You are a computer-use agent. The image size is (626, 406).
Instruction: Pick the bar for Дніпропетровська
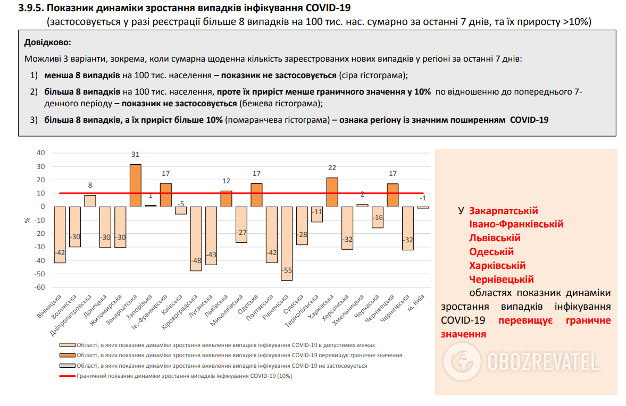pos(90,201)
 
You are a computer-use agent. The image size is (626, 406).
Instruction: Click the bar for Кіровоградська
pos(196,239)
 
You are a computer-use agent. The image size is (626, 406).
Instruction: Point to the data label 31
pos(136,155)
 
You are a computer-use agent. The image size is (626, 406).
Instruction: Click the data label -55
pos(287,270)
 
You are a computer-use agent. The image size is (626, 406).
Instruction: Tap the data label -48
pos(196,261)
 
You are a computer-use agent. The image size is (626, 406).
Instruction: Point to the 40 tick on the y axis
pos(41,153)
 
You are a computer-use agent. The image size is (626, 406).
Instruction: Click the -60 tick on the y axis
pos(39,287)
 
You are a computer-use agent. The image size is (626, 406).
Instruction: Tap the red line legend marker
pos(67,376)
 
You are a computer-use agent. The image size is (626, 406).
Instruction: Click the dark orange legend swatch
pos(67,355)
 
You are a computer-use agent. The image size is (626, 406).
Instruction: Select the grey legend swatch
pos(67,366)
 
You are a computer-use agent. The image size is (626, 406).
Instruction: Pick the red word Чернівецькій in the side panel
pos(502,280)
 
